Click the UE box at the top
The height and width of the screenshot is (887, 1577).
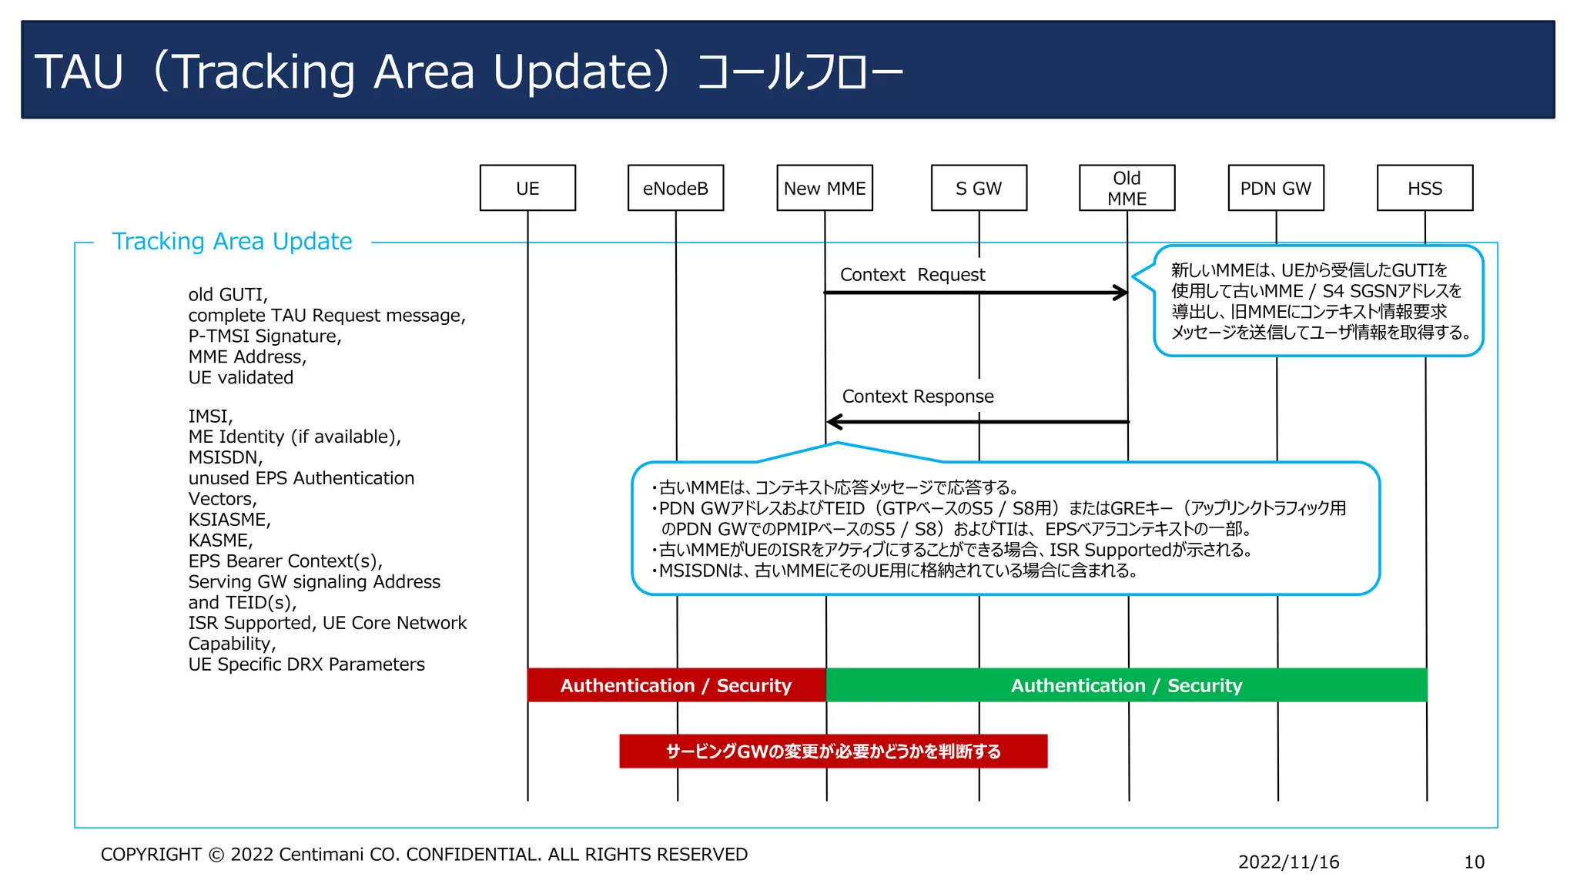(x=527, y=188)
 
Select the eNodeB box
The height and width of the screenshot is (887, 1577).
(x=675, y=188)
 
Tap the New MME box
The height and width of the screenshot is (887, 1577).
(x=825, y=188)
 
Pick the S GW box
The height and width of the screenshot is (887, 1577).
(x=979, y=188)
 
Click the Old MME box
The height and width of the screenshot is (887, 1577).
(x=1127, y=188)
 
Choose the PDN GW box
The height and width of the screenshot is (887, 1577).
(x=1275, y=188)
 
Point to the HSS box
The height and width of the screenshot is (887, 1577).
(x=1425, y=188)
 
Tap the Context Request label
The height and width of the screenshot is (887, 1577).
(x=912, y=275)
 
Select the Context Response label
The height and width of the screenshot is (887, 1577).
(x=918, y=397)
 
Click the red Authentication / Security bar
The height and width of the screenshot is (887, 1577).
(x=676, y=685)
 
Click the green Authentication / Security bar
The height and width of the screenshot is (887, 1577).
(x=1126, y=685)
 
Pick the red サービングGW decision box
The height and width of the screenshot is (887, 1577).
(x=833, y=751)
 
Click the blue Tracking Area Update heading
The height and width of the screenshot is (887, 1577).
(x=232, y=242)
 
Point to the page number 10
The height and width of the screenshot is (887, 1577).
(x=1474, y=862)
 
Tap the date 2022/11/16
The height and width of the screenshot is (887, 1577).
(x=1288, y=862)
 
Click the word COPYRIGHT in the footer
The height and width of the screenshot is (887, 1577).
(x=151, y=855)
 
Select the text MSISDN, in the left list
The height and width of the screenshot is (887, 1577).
(x=226, y=457)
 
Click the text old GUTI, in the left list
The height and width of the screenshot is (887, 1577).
(x=228, y=295)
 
